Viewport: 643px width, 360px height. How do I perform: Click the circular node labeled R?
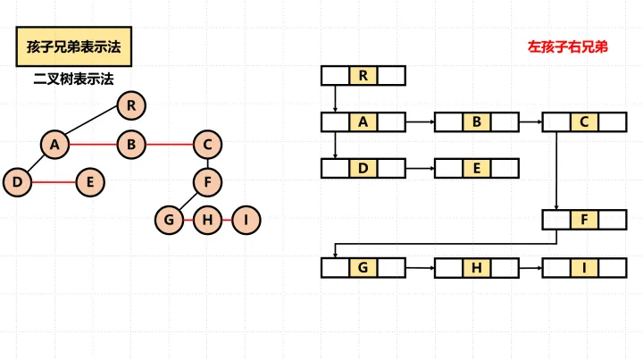(131, 105)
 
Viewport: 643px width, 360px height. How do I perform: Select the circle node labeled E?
(90, 182)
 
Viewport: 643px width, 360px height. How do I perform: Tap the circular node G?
(169, 220)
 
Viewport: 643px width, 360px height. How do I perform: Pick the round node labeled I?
(246, 220)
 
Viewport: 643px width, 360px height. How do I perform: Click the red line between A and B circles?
(93, 145)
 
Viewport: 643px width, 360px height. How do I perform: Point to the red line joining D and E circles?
(54, 182)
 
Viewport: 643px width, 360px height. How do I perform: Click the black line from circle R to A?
(91, 120)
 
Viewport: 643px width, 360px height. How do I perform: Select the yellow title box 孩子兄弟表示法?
(74, 46)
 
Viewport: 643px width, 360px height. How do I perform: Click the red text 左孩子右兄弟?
(568, 46)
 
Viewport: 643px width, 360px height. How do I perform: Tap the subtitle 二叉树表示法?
(73, 79)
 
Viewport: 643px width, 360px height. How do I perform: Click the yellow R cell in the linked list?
(363, 75)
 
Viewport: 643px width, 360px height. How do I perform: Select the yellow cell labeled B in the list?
(477, 121)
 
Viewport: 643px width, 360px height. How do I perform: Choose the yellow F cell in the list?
(584, 220)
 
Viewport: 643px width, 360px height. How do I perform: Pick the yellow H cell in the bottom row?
(477, 268)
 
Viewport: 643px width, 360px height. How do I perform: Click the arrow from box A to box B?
(421, 121)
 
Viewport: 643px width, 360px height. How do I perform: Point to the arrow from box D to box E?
(421, 168)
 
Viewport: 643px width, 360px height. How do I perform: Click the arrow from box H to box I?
(530, 268)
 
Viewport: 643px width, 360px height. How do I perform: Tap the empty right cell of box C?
(612, 121)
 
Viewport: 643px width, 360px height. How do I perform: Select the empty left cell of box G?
(336, 268)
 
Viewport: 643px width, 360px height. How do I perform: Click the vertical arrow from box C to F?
(556, 171)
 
